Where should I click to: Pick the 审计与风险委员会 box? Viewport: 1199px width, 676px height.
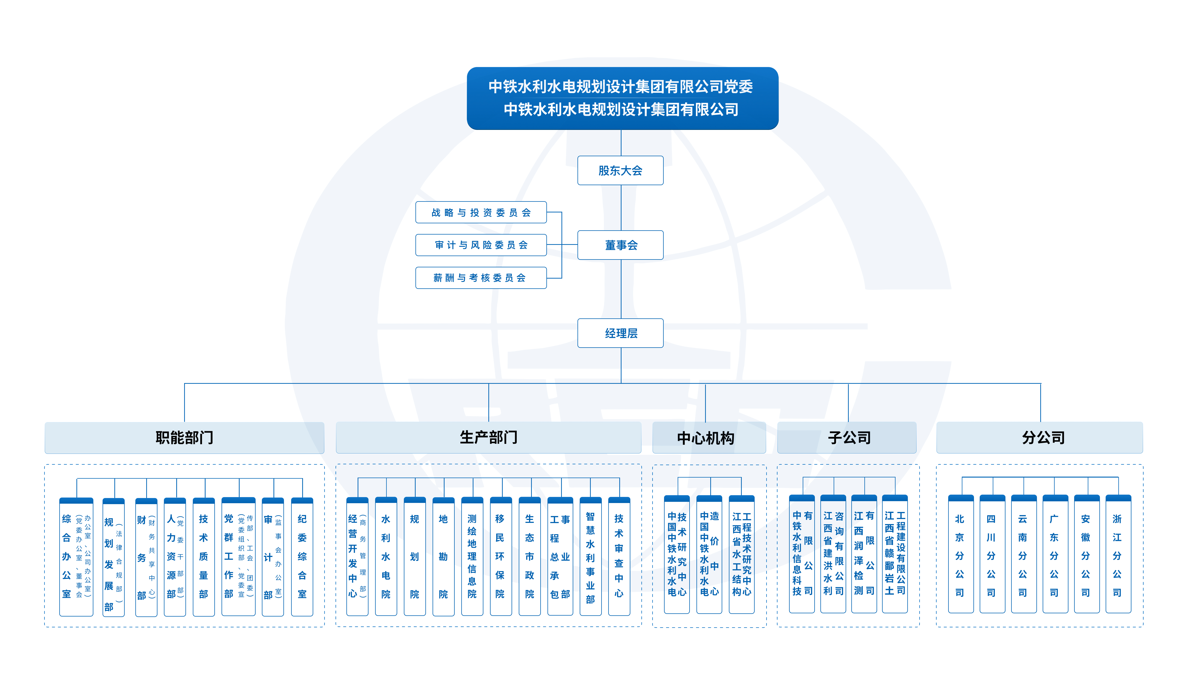(481, 245)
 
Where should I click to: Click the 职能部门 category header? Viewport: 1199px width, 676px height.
(184, 438)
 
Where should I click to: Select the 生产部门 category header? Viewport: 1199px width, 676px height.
(488, 438)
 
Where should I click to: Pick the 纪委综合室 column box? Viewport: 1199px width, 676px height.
(302, 556)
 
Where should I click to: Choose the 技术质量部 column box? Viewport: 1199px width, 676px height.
(203, 556)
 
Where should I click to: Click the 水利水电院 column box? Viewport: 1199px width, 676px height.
(386, 556)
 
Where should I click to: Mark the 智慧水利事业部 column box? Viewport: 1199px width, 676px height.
(590, 556)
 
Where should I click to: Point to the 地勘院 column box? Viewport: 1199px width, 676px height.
(443, 556)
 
